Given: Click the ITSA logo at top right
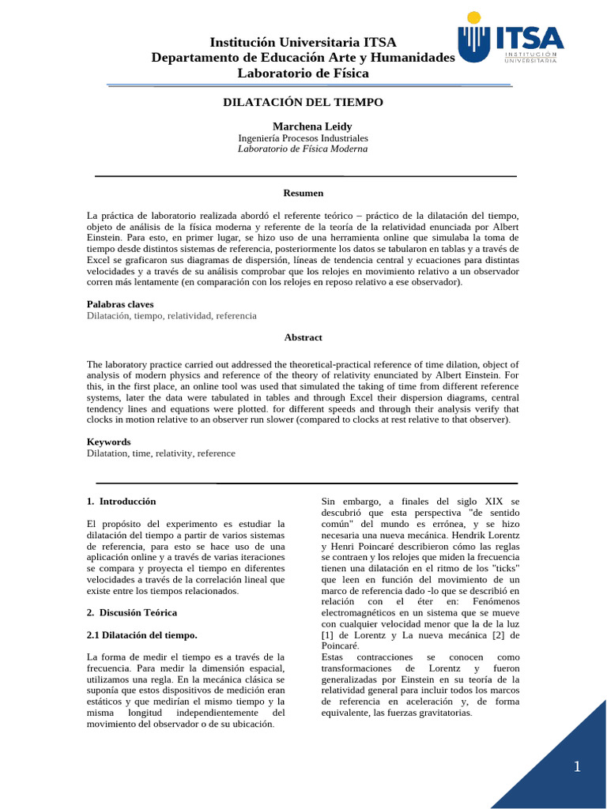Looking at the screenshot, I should click(x=511, y=41).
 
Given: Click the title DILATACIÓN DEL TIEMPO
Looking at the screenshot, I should click(x=303, y=103).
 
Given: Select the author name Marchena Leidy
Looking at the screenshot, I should click(x=301, y=126).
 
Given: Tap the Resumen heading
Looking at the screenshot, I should click(x=303, y=193).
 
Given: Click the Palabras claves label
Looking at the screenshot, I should click(x=120, y=304).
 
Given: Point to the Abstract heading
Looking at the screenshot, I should click(x=303, y=337).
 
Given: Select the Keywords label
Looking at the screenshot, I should click(x=109, y=442).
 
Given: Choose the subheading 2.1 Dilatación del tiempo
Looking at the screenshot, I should click(x=141, y=635).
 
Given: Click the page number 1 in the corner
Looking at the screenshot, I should click(x=577, y=766).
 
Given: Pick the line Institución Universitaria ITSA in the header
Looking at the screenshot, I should click(x=303, y=42).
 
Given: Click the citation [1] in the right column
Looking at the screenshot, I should click(x=327, y=635).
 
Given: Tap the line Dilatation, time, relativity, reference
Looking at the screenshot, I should click(x=161, y=453).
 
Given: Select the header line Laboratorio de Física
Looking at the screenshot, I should click(x=303, y=73).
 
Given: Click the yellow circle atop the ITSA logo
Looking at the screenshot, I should click(x=473, y=17).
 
